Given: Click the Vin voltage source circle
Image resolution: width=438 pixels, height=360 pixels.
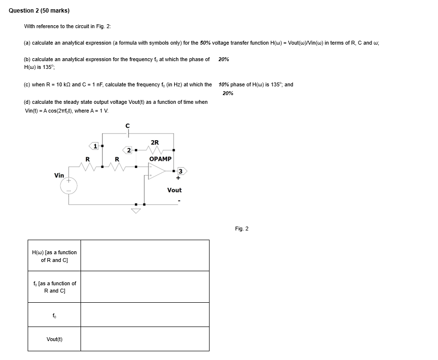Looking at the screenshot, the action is [69, 185].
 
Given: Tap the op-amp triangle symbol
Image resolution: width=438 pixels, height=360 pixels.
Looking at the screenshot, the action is [157, 171].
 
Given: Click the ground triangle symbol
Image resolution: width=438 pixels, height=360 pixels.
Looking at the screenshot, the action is [136, 210].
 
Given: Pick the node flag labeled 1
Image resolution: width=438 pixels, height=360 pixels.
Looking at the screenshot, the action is [94, 145].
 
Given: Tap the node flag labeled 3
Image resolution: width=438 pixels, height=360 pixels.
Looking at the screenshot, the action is [181, 171].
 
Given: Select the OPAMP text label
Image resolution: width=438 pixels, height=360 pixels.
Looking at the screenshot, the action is [161, 159].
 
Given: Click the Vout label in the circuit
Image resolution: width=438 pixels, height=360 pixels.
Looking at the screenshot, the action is [174, 190].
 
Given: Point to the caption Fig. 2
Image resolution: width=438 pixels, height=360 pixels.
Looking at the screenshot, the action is [242, 229].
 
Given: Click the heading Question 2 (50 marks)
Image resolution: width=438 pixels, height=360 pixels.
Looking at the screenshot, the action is [39, 11].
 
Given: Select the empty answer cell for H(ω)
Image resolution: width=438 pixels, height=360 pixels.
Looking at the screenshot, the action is [145, 255].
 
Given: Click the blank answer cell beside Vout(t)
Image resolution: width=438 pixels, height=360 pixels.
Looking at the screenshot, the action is [145, 339].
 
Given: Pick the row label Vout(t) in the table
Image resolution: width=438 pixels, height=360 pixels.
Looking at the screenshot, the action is [54, 339].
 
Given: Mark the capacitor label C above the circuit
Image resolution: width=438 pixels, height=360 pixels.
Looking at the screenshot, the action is [128, 125].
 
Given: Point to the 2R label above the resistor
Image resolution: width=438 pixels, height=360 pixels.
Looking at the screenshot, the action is [155, 142].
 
